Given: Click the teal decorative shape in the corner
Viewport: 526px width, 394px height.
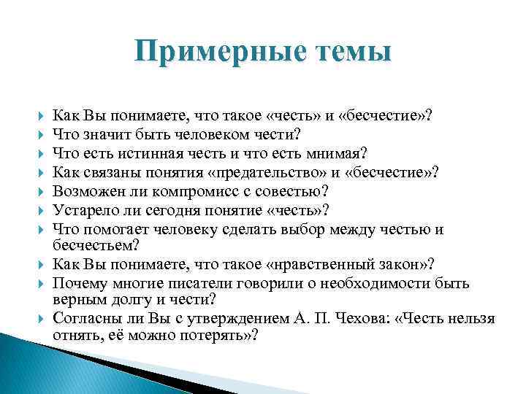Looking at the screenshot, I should tap(29, 368).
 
